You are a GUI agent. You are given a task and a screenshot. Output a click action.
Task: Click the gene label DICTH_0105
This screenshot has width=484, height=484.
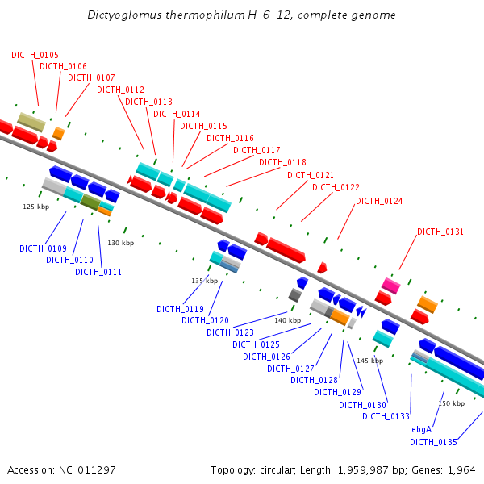[35, 55]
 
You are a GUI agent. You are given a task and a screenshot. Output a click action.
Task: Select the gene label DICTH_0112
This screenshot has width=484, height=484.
[120, 90]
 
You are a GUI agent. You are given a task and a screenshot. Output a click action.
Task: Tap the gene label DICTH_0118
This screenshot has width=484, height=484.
[282, 162]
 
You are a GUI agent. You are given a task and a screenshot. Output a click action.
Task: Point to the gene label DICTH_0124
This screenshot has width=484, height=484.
[379, 201]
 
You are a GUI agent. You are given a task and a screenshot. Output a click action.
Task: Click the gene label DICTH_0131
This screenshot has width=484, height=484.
[440, 232]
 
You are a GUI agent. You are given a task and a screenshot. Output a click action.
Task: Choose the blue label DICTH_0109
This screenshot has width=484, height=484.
[43, 248]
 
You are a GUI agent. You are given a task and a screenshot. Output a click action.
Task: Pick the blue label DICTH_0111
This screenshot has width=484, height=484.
[98, 272]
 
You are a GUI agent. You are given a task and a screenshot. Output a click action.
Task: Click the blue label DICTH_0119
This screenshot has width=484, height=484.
[180, 309]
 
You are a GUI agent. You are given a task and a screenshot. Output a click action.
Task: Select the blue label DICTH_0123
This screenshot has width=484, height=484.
[230, 332]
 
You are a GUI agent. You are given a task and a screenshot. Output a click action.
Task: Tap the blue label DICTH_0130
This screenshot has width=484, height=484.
[362, 405]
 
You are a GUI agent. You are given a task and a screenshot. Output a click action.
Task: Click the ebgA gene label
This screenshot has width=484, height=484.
[422, 430]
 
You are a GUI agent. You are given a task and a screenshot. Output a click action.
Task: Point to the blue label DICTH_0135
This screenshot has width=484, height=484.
[433, 442]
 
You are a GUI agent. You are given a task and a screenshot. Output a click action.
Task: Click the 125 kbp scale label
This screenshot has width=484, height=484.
[35, 207]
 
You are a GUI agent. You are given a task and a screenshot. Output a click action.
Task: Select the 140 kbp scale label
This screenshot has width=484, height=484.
[287, 320]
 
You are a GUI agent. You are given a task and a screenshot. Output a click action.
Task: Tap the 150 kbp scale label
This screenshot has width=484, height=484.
[451, 403]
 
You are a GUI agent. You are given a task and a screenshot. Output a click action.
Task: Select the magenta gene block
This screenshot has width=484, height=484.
[391, 286]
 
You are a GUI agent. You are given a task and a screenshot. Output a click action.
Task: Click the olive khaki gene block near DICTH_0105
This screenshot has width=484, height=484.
[31, 122]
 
